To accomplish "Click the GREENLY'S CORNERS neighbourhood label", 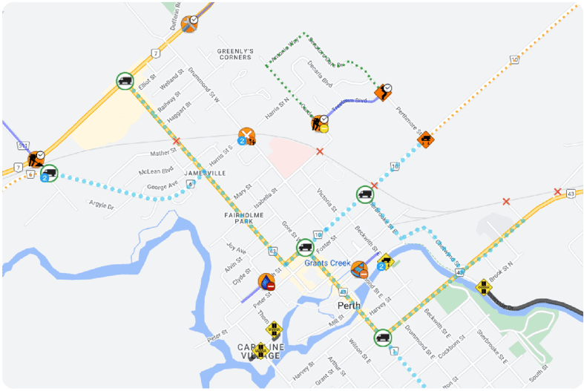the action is click(235, 53).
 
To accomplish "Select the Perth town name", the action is click(349, 305).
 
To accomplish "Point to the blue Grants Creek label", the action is click(327, 263).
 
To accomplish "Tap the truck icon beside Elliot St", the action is click(125, 81).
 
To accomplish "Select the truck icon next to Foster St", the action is click(305, 247).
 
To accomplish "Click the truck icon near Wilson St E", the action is click(382, 338).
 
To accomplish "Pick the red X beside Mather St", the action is click(176, 140).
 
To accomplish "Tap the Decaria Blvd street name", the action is click(320, 75).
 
